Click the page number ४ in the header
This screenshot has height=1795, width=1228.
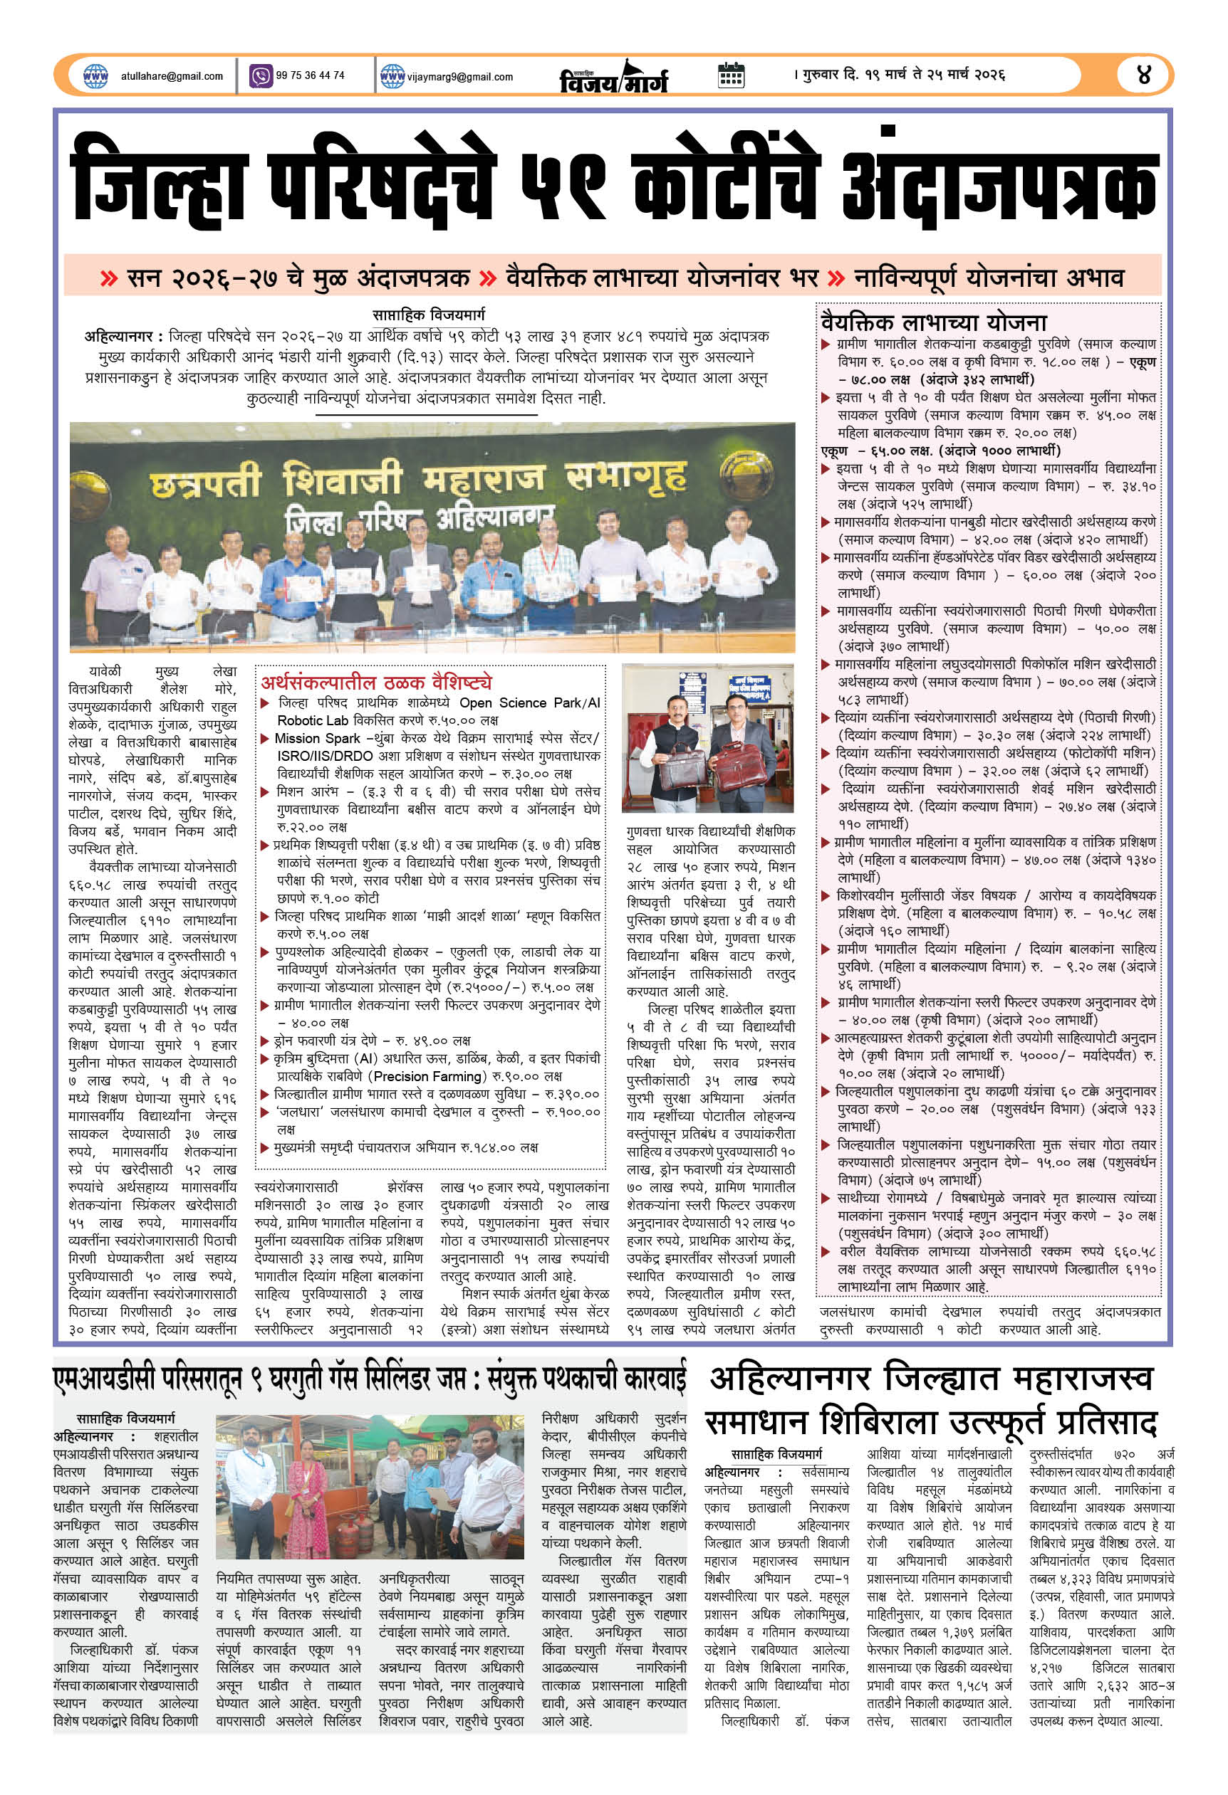[x=1145, y=75]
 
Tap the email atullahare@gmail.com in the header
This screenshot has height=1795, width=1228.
[x=172, y=76]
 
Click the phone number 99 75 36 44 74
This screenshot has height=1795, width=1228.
[x=310, y=75]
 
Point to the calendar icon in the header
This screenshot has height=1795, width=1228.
[x=731, y=75]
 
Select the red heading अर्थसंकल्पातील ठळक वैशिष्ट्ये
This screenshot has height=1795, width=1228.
[x=375, y=683]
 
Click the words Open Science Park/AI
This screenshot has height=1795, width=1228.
[x=529, y=703]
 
